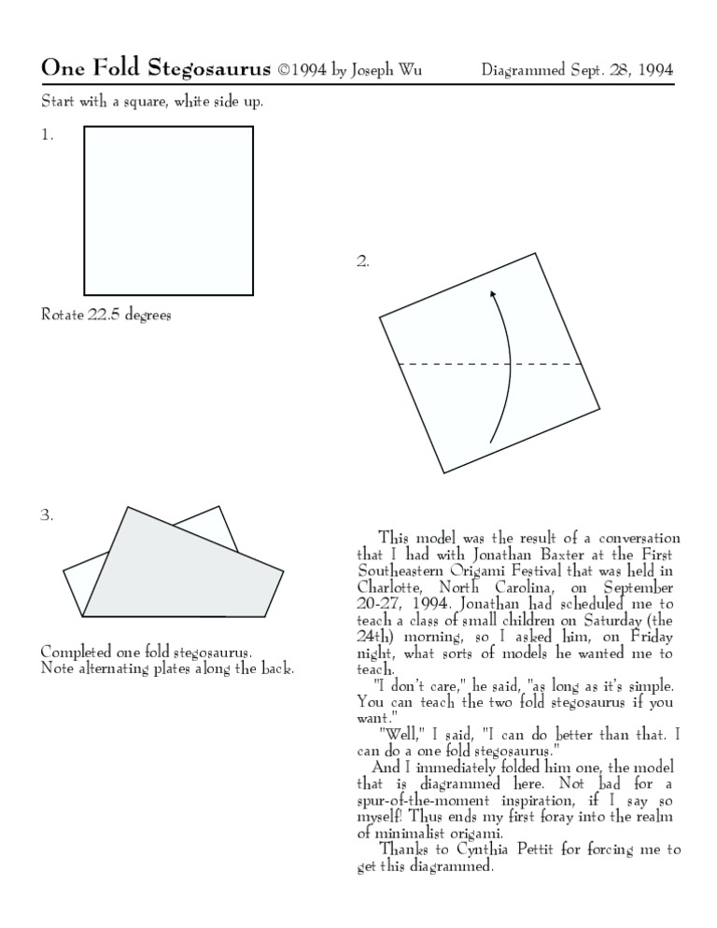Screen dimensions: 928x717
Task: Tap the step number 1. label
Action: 47,134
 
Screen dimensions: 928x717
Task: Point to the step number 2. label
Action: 362,261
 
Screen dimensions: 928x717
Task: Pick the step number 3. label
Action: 47,514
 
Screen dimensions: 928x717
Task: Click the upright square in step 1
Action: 168,210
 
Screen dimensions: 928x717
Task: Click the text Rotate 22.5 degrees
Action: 105,315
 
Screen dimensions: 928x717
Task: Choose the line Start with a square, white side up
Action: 151,101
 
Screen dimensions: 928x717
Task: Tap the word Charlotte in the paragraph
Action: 388,587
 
